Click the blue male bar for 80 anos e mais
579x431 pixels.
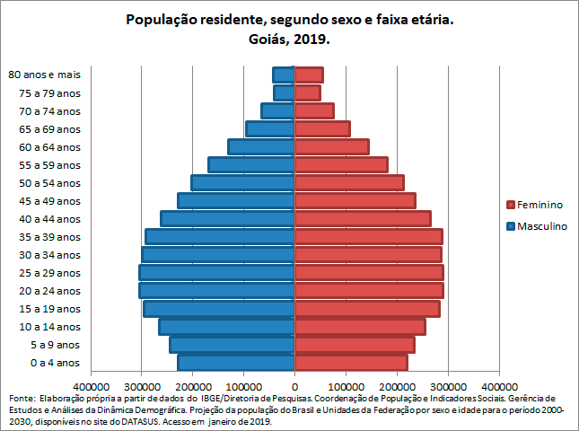(x=284, y=75)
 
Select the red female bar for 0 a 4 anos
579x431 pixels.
(x=351, y=363)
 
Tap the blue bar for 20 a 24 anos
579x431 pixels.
(x=217, y=291)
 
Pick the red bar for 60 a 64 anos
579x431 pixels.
(x=331, y=147)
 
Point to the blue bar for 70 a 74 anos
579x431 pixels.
(x=278, y=111)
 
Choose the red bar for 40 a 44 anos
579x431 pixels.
(x=363, y=219)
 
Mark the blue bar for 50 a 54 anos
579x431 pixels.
(x=243, y=183)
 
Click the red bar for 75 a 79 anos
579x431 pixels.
(x=308, y=93)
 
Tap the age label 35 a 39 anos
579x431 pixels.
(x=55, y=237)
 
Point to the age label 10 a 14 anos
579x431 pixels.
(x=55, y=327)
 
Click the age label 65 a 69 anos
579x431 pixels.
(x=55, y=129)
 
